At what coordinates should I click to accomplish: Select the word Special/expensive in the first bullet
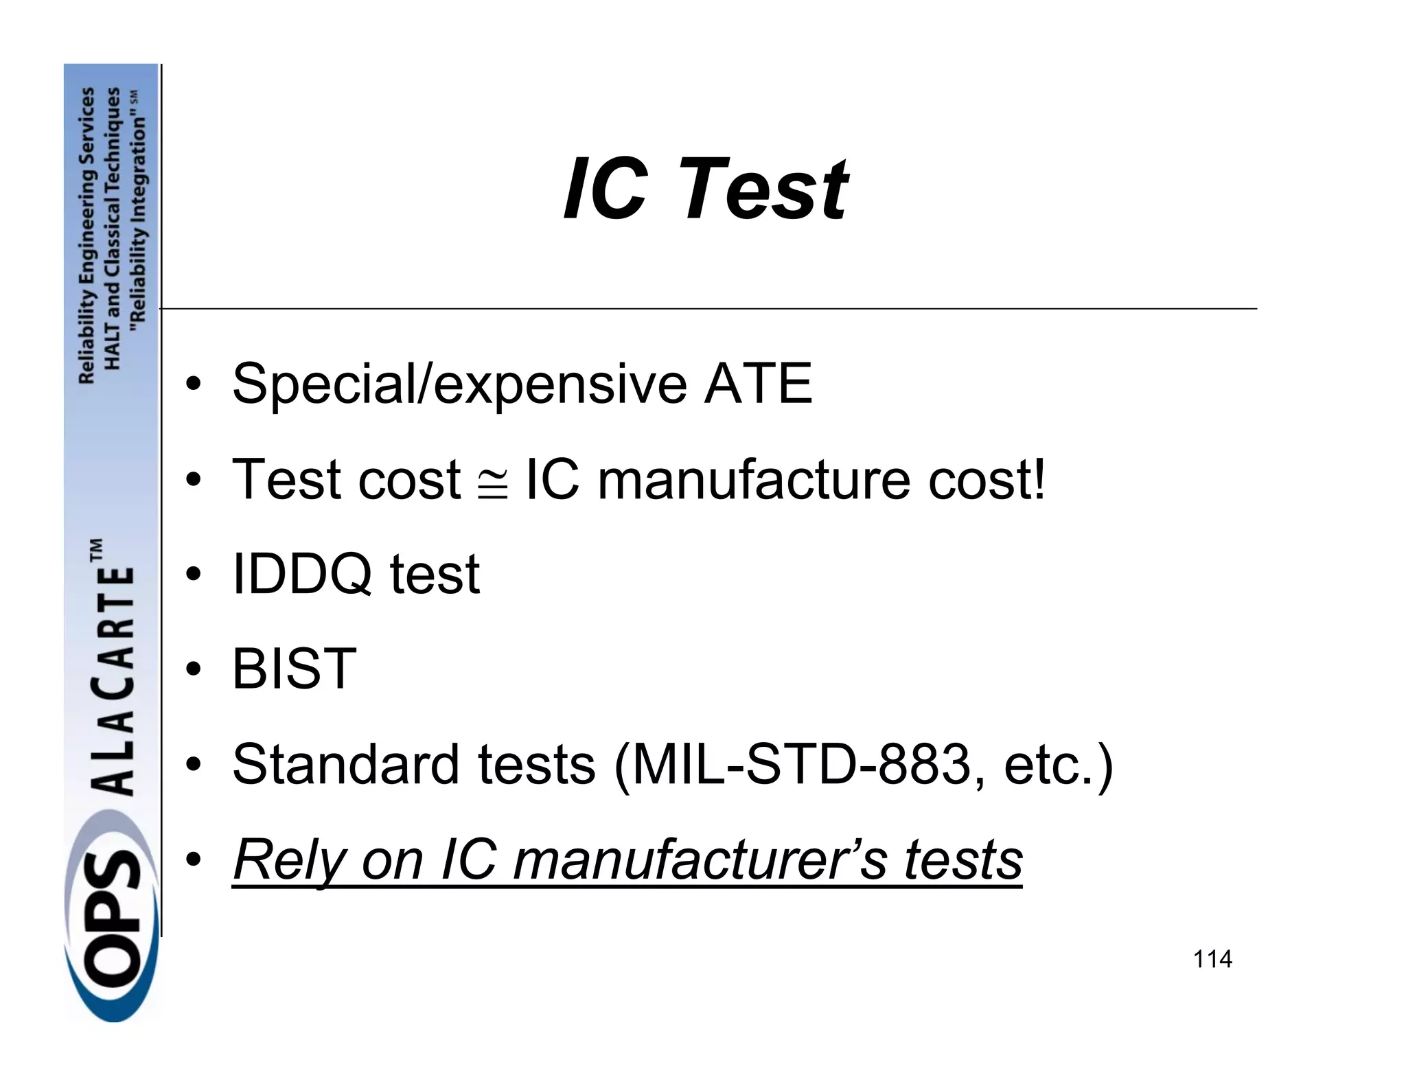click(459, 384)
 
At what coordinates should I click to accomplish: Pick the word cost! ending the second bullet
click(987, 479)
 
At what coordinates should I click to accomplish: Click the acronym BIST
click(294, 669)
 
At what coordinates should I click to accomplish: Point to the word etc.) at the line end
click(1058, 765)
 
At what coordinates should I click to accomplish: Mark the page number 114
click(1212, 958)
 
